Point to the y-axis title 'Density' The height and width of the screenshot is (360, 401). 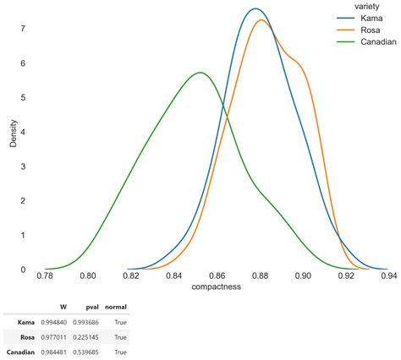coord(14,132)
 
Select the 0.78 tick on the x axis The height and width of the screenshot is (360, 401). coord(45,275)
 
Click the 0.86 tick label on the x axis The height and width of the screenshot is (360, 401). coord(217,275)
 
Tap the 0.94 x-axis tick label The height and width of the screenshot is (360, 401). coord(388,275)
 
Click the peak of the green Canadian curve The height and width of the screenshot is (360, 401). coord(200,73)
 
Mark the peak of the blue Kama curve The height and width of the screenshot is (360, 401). coord(255,9)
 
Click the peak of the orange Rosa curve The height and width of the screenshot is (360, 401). coord(261,20)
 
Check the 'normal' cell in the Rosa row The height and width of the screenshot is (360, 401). coord(119,337)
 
